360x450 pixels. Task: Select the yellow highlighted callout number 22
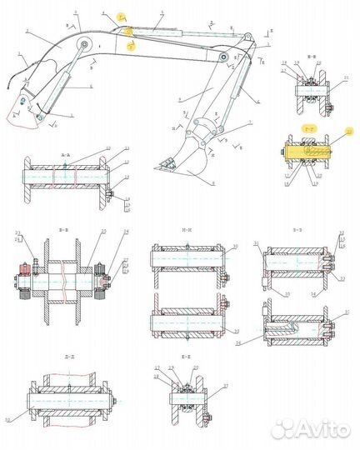point(349,132)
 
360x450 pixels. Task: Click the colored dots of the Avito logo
point(285,428)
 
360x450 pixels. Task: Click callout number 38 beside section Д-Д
point(10,418)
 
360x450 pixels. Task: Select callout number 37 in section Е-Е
point(224,387)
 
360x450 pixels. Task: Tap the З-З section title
point(297,227)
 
